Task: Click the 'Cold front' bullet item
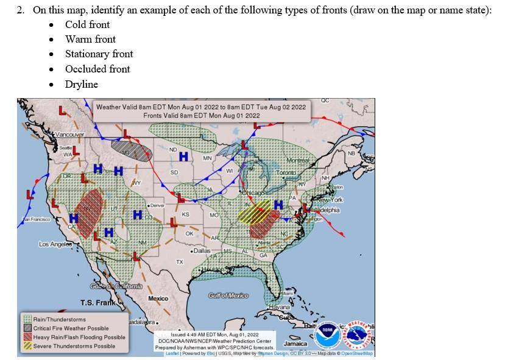point(88,24)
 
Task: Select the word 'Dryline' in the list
point(82,84)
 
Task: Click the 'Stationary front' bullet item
point(99,54)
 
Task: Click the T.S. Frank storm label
point(97,303)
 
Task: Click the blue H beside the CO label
point(138,214)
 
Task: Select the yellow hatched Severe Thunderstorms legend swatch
point(27,346)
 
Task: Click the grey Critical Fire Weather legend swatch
point(27,328)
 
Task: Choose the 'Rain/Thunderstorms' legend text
point(60,319)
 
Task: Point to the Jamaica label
point(295,344)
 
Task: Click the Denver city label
point(157,207)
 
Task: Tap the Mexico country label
point(158,298)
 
